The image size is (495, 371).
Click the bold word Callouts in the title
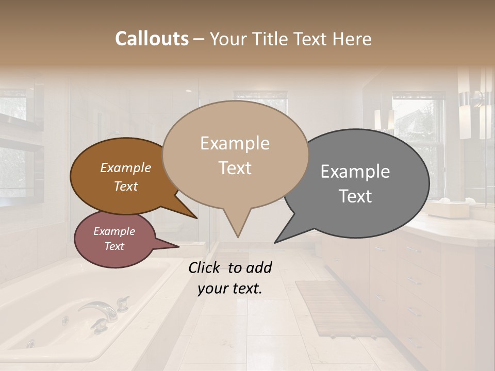click(x=152, y=39)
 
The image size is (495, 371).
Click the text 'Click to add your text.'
click(x=229, y=278)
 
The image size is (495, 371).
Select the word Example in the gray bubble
click(x=355, y=172)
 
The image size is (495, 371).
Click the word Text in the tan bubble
click(x=235, y=168)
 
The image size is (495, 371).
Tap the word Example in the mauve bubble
click(x=114, y=231)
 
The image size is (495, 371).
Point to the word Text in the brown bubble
click(x=125, y=187)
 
